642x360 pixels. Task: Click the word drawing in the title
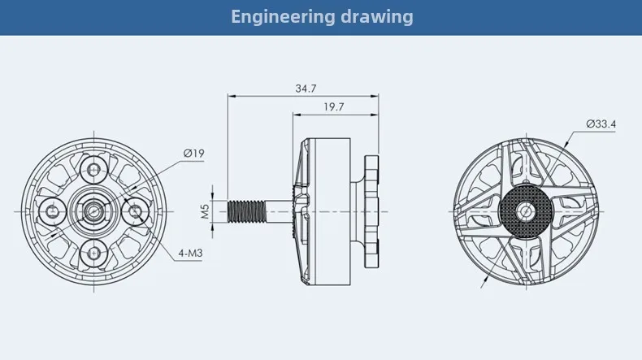[x=377, y=17]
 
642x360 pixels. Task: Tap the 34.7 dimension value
[x=306, y=89]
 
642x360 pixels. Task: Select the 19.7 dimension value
[x=334, y=107]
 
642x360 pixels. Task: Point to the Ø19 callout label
[x=193, y=153]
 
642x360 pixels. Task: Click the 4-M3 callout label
[x=190, y=254]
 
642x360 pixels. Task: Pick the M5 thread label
[x=205, y=211]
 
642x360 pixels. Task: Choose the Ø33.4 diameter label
[x=601, y=124]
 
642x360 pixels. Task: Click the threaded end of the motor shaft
[x=246, y=211]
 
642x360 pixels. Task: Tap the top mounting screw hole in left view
[x=94, y=169]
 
